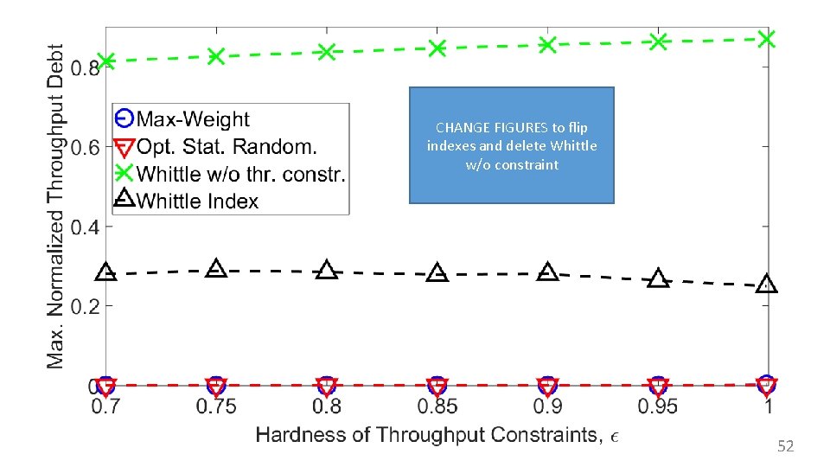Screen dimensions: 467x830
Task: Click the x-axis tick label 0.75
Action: point(216,406)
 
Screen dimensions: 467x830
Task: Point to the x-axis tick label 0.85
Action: point(437,406)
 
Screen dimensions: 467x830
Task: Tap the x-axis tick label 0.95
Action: point(658,406)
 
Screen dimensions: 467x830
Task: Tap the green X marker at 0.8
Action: point(327,52)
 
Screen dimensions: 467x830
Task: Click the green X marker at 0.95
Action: point(659,42)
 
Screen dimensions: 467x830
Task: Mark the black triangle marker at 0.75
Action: point(216,268)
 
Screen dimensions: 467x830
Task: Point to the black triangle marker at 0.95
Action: point(659,278)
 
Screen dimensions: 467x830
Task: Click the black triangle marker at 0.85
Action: point(437,272)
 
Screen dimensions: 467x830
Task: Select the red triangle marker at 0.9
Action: point(547,387)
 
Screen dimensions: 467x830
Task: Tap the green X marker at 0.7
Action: point(106,61)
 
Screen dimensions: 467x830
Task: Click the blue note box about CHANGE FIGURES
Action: point(511,145)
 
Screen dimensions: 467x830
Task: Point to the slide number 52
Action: point(785,446)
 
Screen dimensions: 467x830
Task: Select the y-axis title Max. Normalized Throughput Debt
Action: point(56,206)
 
